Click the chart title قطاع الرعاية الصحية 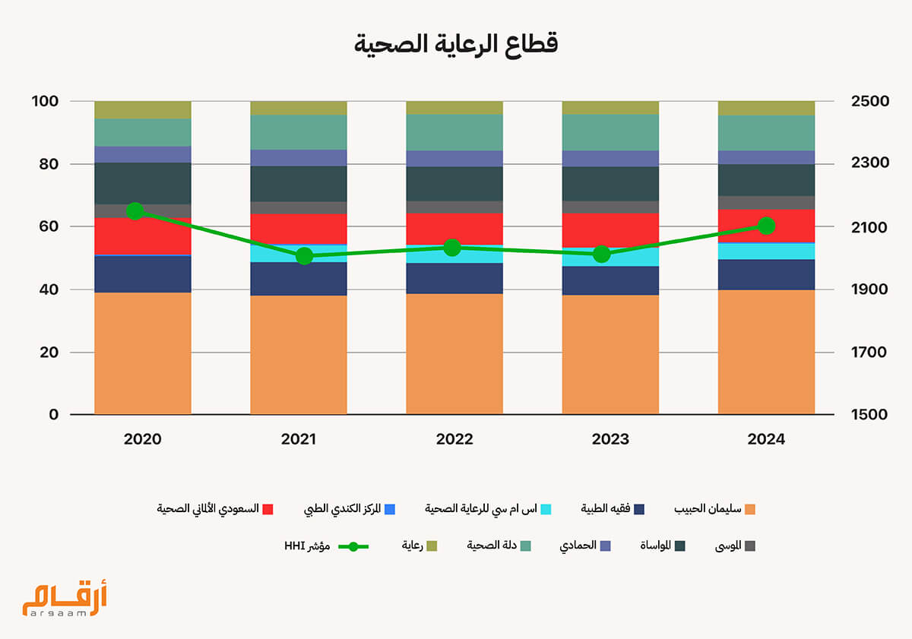click(x=456, y=43)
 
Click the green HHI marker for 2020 click(x=135, y=211)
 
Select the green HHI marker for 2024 click(x=766, y=226)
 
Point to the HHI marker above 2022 click(x=452, y=248)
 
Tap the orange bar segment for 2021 click(x=299, y=354)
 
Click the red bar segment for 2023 click(x=610, y=229)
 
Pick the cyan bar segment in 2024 click(x=766, y=251)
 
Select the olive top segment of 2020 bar click(x=143, y=109)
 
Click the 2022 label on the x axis click(x=454, y=439)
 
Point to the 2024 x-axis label click(x=766, y=439)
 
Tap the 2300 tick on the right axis click(x=863, y=163)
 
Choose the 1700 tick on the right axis click(x=863, y=352)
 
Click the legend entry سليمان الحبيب click(x=708, y=508)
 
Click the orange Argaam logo click(x=65, y=596)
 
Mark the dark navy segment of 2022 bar click(x=454, y=278)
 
